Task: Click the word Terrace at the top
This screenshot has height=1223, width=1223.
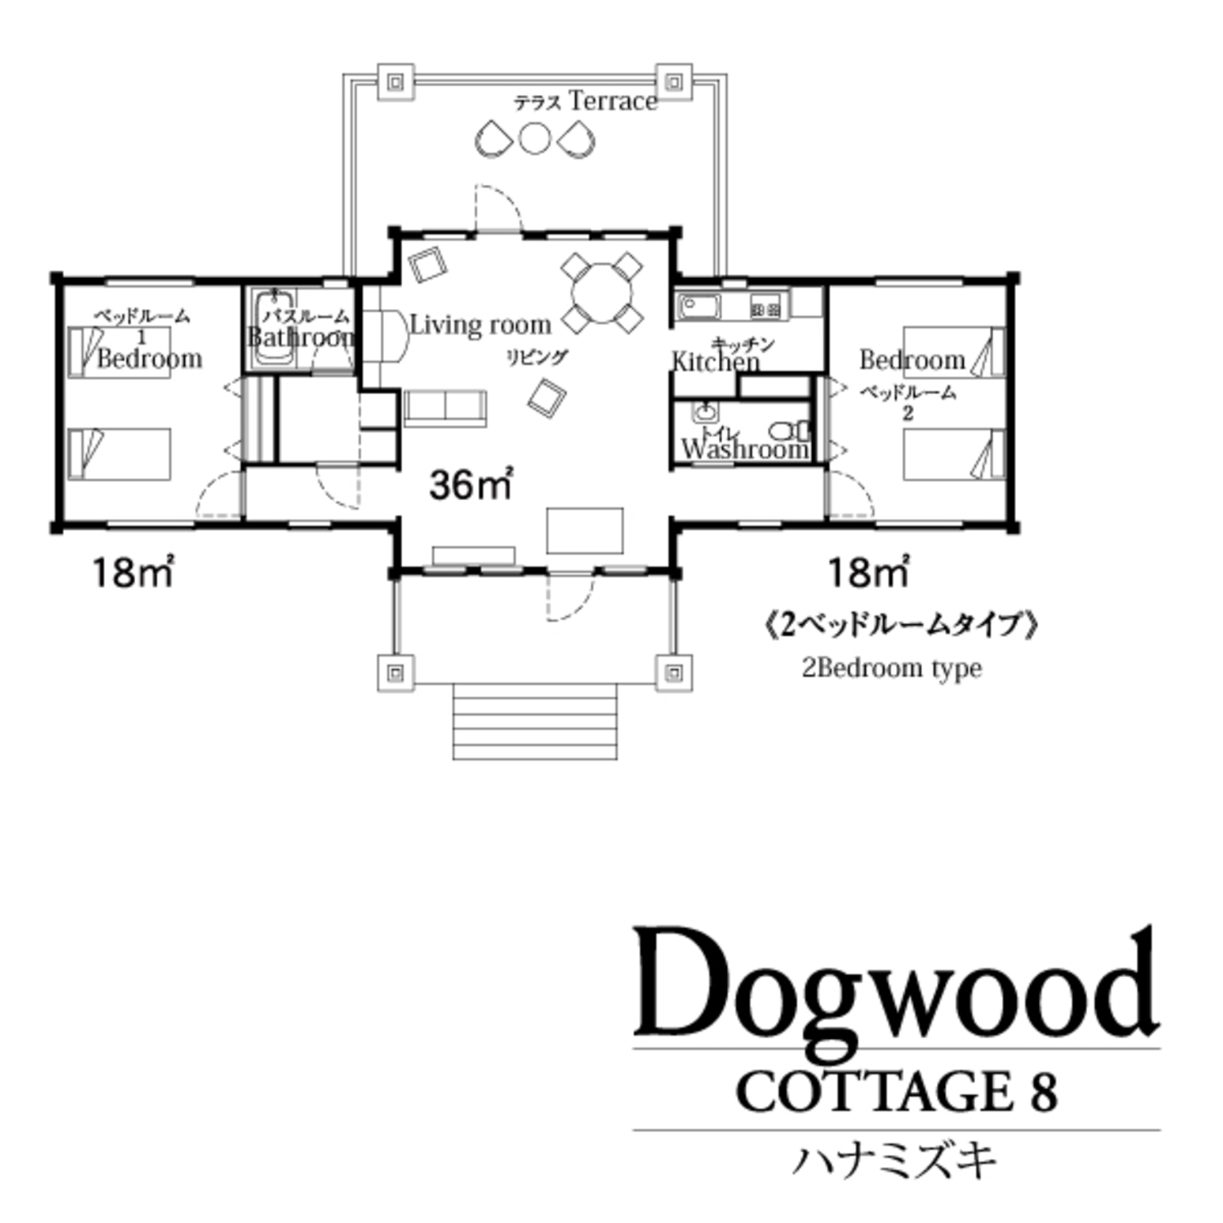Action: click(612, 101)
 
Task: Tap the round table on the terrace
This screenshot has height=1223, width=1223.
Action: click(534, 138)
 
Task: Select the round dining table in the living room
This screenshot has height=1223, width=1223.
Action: click(602, 293)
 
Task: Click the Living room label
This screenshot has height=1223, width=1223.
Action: click(480, 325)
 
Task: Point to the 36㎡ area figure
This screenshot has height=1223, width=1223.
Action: click(471, 484)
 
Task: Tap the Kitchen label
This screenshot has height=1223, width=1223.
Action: click(715, 362)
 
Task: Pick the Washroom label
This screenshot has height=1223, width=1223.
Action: click(744, 450)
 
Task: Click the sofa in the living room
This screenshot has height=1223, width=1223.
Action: click(445, 407)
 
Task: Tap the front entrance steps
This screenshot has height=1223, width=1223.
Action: click(534, 721)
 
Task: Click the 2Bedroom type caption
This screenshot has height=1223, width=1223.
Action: click(892, 668)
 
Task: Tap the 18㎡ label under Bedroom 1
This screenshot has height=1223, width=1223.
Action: click(133, 572)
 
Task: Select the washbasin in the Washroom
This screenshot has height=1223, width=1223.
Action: click(704, 412)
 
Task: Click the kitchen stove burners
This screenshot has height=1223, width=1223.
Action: click(766, 310)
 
